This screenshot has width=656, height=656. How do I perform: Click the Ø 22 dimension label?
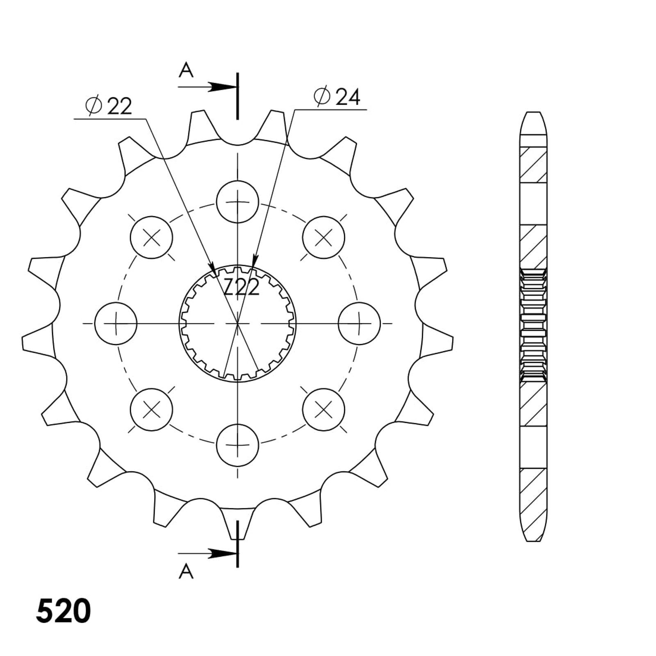109,106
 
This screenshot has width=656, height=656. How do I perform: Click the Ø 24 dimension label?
337,97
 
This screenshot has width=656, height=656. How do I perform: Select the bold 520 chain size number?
63,611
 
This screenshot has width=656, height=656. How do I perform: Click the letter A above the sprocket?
186,71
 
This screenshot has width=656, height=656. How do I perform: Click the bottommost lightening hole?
237,445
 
